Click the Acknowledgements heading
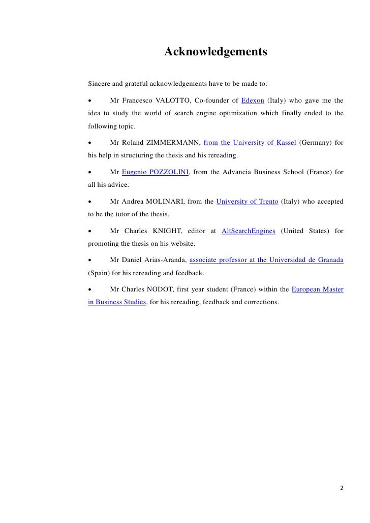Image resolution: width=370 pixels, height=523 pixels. pos(215,52)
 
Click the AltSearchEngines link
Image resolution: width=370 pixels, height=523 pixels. pos(249,231)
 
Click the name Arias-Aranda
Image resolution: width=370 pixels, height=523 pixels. pos(165,260)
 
